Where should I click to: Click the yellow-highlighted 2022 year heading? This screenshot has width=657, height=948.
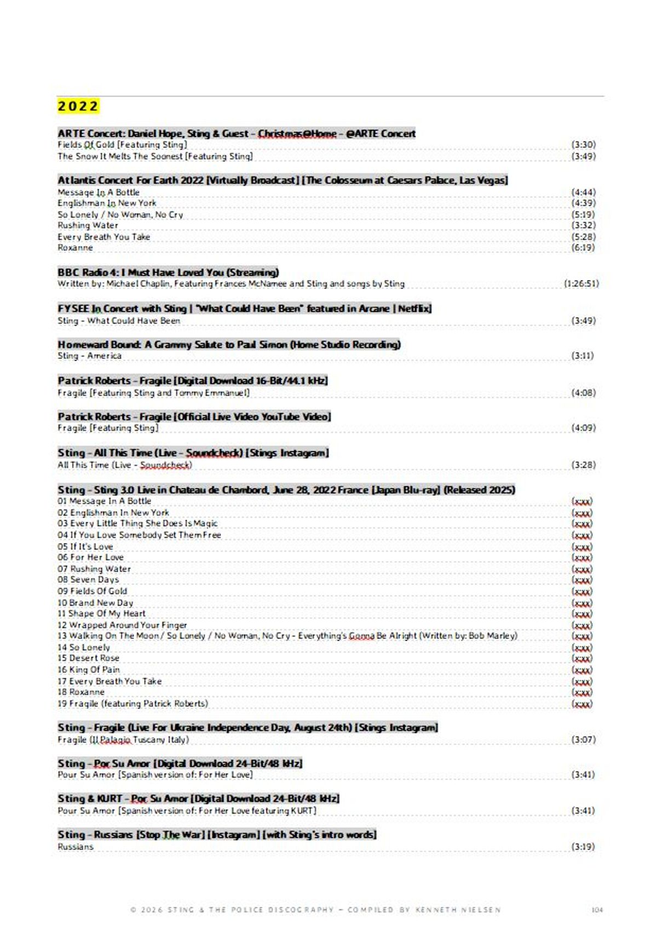click(78, 106)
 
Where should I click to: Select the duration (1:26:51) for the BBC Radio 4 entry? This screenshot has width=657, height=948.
click(581, 284)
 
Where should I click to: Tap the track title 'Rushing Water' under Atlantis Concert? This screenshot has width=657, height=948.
click(88, 225)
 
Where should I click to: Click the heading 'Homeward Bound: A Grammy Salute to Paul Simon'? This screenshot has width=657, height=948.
click(229, 345)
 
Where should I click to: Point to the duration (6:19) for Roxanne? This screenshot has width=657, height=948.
click(583, 248)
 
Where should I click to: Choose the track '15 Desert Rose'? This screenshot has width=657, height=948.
click(88, 658)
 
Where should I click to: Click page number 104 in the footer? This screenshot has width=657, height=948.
click(597, 910)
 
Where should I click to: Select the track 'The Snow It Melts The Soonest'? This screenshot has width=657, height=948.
click(155, 156)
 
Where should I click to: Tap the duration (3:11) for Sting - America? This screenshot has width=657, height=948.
click(583, 356)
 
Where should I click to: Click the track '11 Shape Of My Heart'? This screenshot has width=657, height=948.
click(101, 614)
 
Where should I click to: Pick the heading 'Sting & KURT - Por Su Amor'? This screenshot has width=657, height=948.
click(198, 798)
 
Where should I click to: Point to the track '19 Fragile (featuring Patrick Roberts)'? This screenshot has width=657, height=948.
click(132, 704)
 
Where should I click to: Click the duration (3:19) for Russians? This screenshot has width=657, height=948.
click(583, 847)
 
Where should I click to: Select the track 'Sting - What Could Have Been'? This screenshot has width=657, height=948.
click(119, 321)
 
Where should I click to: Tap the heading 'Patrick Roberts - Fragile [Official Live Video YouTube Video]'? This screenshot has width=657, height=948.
click(194, 416)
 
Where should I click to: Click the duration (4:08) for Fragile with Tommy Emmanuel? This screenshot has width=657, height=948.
click(583, 393)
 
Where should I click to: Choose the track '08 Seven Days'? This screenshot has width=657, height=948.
click(88, 579)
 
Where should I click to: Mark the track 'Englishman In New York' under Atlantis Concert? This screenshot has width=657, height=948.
click(107, 203)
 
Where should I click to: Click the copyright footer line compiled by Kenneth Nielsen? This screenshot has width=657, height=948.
click(315, 910)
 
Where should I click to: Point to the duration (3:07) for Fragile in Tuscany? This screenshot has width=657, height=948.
click(583, 740)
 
